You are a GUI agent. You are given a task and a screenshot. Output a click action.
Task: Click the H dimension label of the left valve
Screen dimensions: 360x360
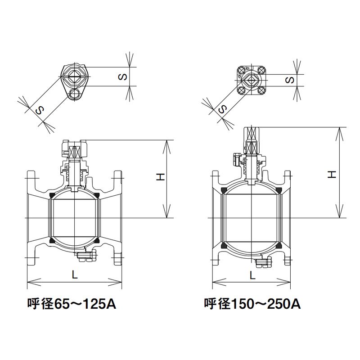(x=161, y=177)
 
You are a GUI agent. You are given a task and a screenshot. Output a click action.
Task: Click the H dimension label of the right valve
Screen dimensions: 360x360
(x=332, y=175)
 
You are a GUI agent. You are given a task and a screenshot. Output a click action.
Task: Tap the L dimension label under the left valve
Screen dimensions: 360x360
(x=75, y=274)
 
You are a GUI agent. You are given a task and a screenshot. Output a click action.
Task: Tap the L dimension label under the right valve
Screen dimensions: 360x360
(x=252, y=275)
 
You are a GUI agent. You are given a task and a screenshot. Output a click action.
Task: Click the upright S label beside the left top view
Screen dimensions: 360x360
(x=123, y=76)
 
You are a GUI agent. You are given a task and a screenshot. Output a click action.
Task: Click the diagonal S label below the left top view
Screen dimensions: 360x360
(x=40, y=111)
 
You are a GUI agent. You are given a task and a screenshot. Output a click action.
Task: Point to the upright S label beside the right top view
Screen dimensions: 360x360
(x=290, y=80)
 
